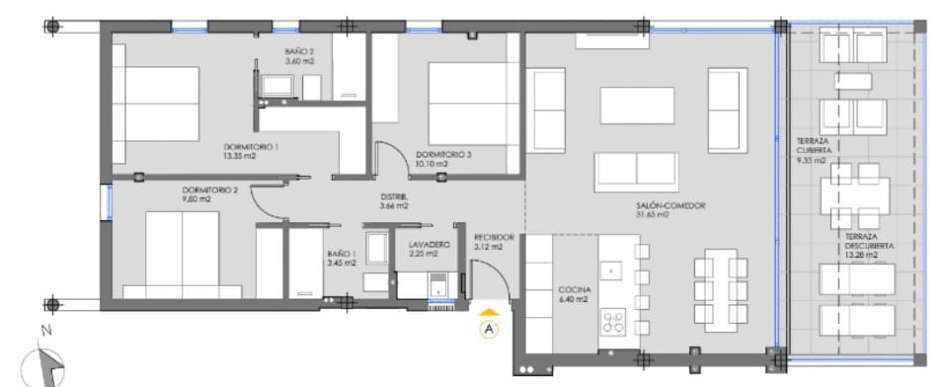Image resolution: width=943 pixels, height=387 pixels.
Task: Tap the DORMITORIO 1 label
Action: click(x=251, y=147)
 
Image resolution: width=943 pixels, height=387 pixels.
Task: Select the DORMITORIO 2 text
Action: click(x=209, y=190)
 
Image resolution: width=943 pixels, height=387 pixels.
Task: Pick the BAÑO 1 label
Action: click(x=342, y=254)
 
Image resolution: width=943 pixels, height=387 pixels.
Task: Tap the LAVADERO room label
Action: click(x=429, y=244)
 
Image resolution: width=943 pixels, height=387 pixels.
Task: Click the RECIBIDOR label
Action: click(x=494, y=238)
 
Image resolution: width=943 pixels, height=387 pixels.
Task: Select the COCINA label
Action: click(x=573, y=289)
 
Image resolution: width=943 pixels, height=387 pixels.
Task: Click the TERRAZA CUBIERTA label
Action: click(x=814, y=145)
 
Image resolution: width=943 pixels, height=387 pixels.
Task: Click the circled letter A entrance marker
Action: click(x=491, y=330)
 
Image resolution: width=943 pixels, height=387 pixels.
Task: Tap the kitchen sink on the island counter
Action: click(x=612, y=270)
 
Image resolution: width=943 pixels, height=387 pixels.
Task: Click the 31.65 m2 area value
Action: click(x=653, y=213)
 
